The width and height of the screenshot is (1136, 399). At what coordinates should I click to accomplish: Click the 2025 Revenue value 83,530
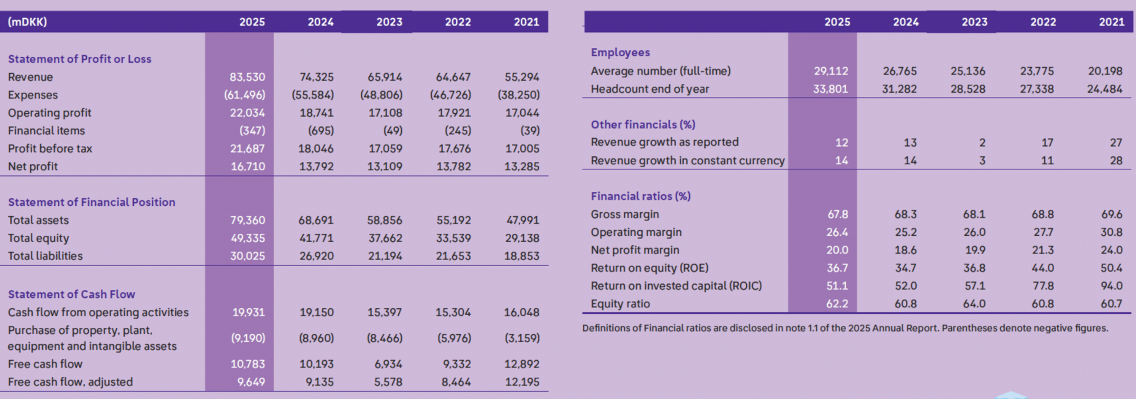pyautogui.click(x=247, y=77)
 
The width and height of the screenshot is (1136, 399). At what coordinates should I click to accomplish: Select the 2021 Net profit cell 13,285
pyautogui.click(x=521, y=167)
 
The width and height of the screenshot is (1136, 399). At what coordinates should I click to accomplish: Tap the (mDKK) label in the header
pyautogui.click(x=27, y=22)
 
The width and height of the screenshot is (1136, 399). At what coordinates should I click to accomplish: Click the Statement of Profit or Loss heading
pyautogui.click(x=79, y=59)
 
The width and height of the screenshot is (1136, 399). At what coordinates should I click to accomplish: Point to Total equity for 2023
pyautogui.click(x=384, y=238)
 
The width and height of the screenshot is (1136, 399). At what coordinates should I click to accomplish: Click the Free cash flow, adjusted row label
pyautogui.click(x=70, y=382)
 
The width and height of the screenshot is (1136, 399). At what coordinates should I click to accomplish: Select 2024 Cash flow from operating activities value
pyautogui.click(x=316, y=312)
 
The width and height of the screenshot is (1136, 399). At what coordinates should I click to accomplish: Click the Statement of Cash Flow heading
pyautogui.click(x=71, y=294)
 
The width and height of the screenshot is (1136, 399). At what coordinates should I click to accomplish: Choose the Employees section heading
pyautogui.click(x=620, y=52)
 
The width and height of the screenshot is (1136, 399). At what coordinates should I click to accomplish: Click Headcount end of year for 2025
pyautogui.click(x=830, y=89)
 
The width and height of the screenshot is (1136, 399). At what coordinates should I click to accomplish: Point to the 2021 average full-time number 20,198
pyautogui.click(x=1105, y=71)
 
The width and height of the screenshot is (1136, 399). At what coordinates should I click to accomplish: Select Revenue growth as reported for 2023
pyautogui.click(x=982, y=143)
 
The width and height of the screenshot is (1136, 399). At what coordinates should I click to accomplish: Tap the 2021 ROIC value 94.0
pyautogui.click(x=1111, y=286)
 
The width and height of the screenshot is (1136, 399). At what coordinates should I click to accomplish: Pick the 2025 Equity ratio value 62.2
pyautogui.click(x=837, y=304)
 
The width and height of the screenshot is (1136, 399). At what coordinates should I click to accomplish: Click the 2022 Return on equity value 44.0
pyautogui.click(x=1042, y=268)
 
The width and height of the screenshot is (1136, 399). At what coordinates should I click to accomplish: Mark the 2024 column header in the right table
pyautogui.click(x=905, y=22)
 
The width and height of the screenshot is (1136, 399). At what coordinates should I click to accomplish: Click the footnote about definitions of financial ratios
pyautogui.click(x=845, y=328)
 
